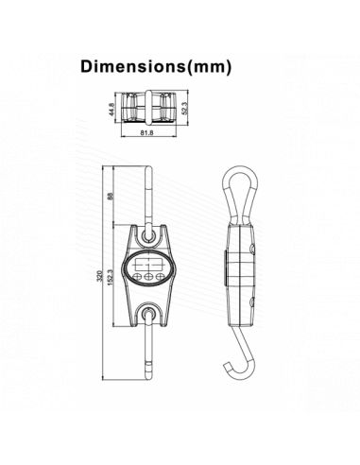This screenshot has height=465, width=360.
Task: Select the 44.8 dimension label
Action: (111, 110)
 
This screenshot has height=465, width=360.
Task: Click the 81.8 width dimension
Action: (146, 133)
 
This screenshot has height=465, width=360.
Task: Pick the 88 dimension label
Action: (112, 197)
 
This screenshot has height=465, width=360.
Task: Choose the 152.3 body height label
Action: (112, 278)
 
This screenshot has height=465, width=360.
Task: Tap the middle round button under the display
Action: (149, 276)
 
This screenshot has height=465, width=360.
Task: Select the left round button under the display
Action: (138, 276)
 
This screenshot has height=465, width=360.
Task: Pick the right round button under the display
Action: (161, 276)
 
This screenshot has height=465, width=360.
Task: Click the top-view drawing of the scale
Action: (147, 105)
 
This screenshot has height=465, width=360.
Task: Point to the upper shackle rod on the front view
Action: (150, 189)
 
